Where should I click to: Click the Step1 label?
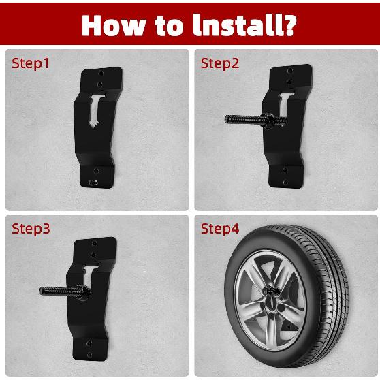(31, 63)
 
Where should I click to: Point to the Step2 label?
(220, 63)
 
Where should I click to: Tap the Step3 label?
(31, 228)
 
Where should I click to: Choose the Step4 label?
(220, 228)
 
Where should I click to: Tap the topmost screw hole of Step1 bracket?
(100, 71)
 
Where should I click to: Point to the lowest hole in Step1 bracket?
(95, 182)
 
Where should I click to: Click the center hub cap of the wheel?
(270, 294)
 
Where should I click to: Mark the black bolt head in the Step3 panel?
(83, 291)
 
